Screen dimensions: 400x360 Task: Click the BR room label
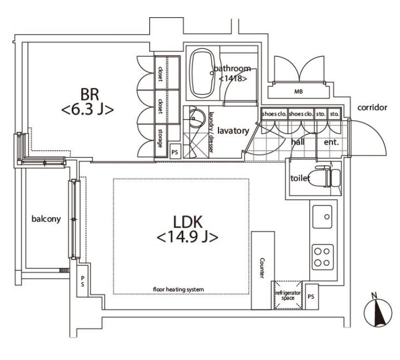(x=87, y=101)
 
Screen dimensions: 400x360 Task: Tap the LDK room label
(x=187, y=229)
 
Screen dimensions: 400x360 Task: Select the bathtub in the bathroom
(x=203, y=73)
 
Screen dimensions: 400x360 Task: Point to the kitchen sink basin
(x=322, y=216)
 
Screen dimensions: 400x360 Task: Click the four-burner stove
(x=322, y=257)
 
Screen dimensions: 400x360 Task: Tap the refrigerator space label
(x=288, y=295)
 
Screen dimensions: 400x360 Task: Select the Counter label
(x=262, y=267)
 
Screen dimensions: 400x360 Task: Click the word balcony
(x=46, y=219)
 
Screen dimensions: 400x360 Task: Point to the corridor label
(x=372, y=108)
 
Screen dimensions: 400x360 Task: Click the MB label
(x=299, y=92)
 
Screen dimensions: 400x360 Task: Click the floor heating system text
(x=178, y=289)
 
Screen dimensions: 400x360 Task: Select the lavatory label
(x=233, y=131)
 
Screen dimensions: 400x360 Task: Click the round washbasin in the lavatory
(x=197, y=119)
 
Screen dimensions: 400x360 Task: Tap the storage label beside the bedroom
(x=160, y=138)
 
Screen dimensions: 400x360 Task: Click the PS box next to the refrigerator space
(x=311, y=296)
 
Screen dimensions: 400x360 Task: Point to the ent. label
(x=331, y=142)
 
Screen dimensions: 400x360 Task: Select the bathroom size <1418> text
(x=233, y=79)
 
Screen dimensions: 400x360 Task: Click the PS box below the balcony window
(x=82, y=281)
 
